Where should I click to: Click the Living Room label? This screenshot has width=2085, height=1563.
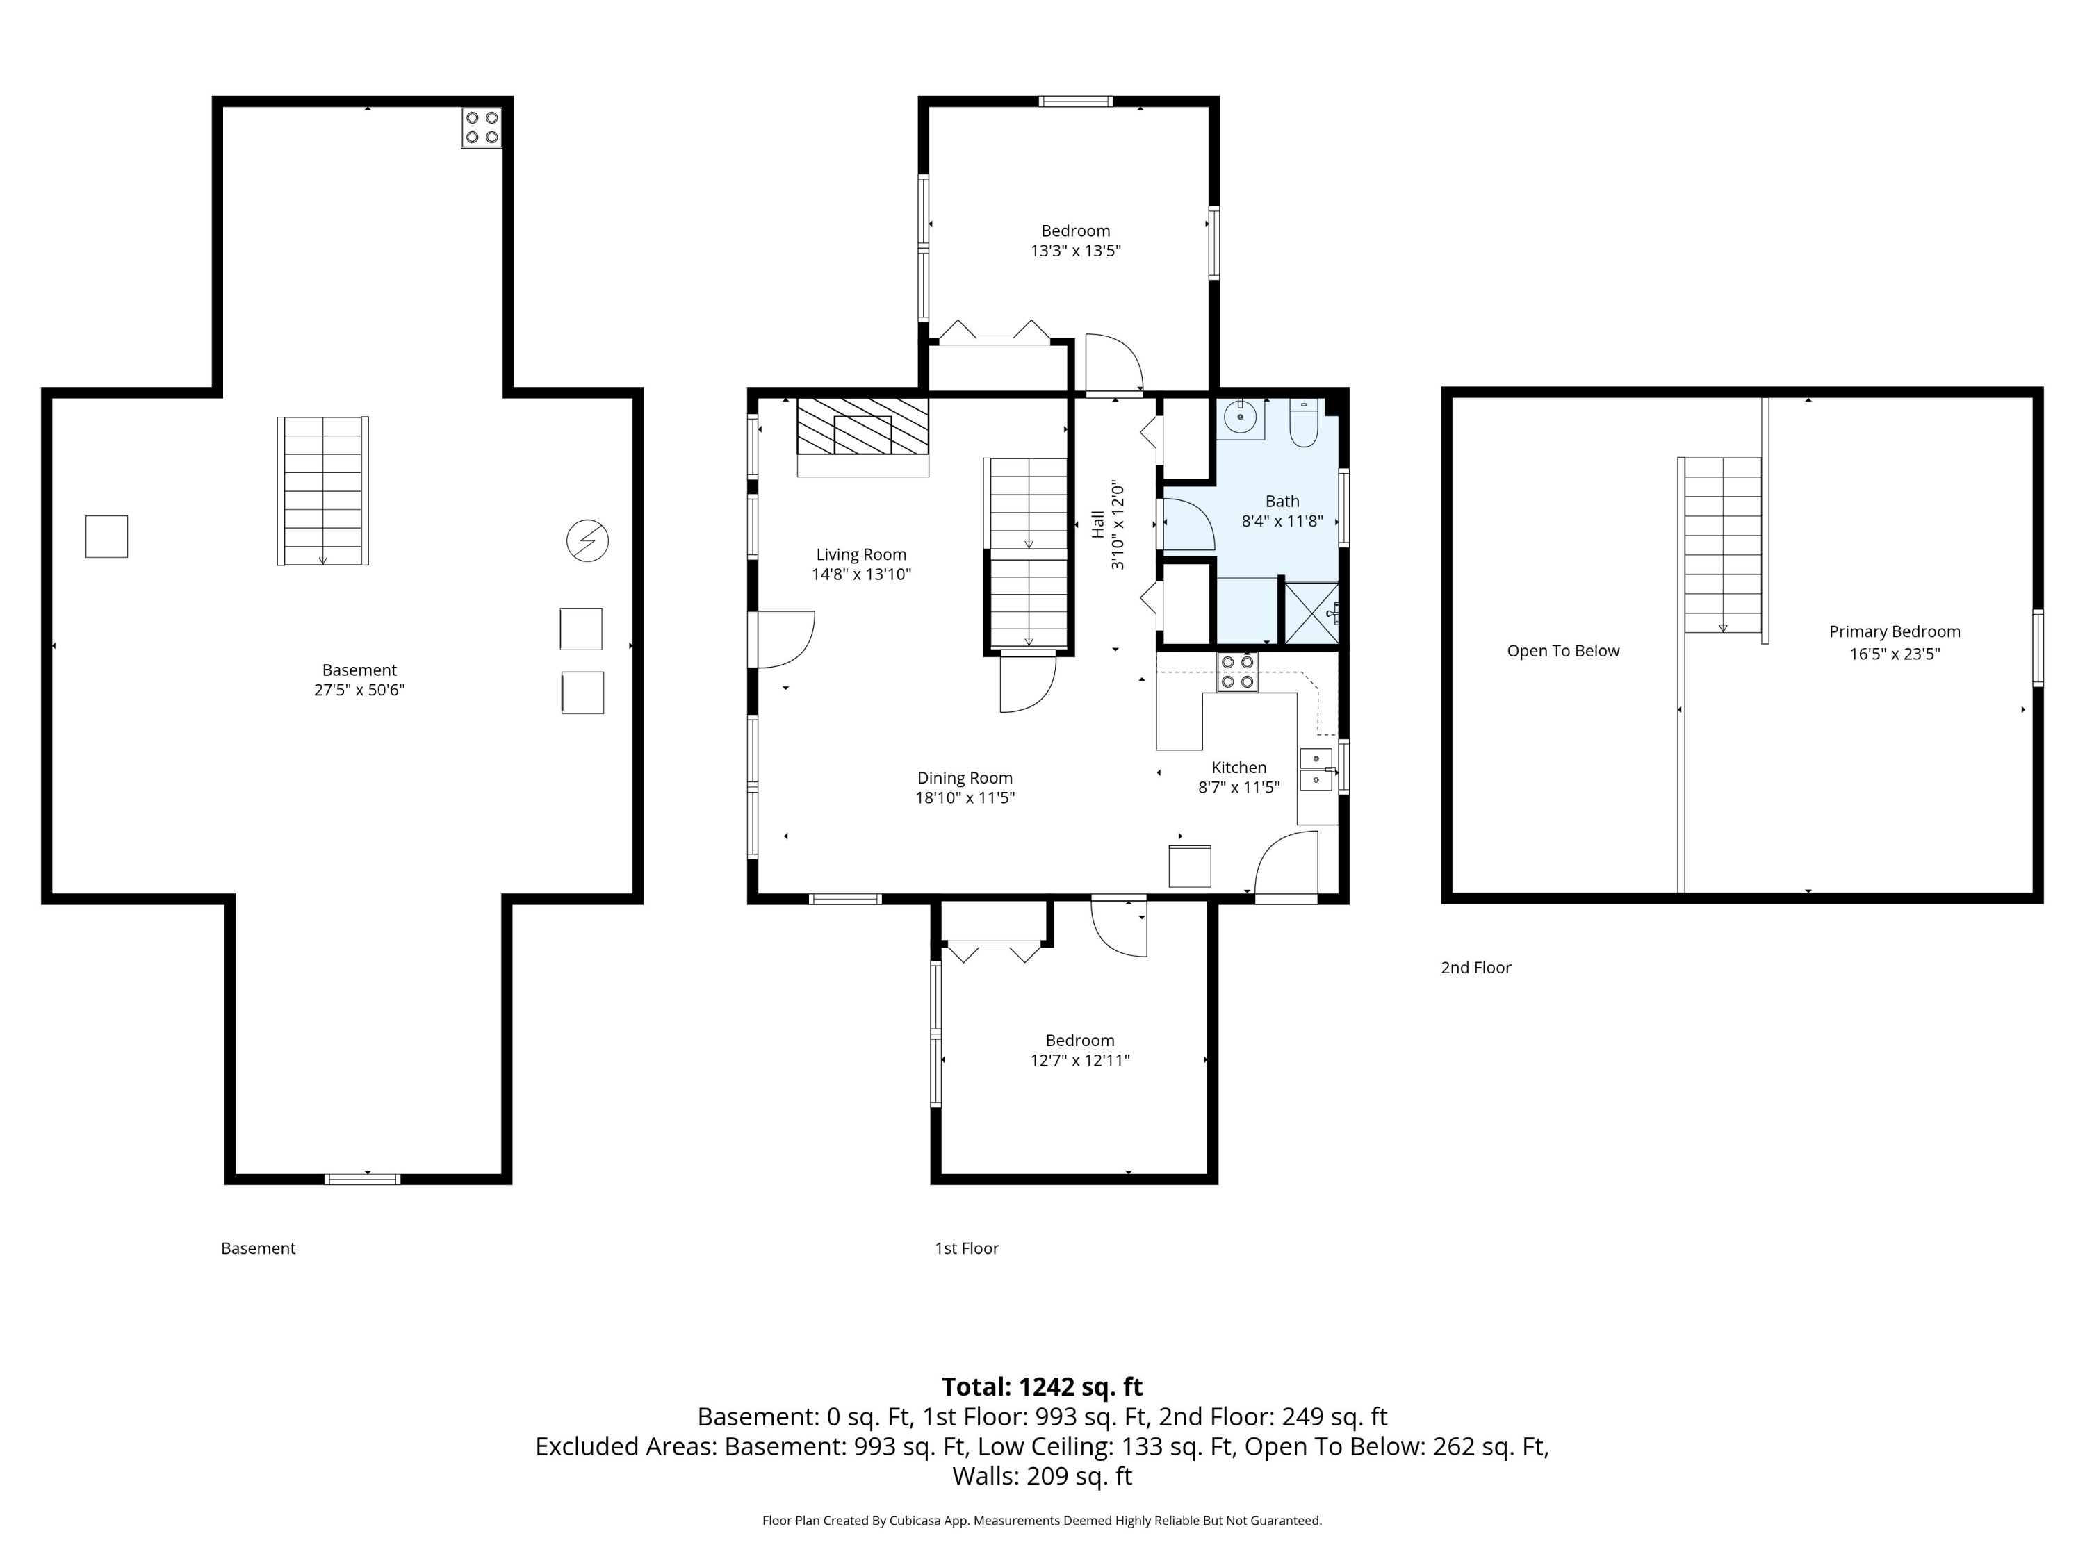coord(860,555)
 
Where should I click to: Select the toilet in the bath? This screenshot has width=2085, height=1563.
coord(1304,423)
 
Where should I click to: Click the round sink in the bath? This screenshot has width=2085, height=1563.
coord(1241,416)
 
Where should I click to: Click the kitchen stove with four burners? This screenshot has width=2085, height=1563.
coord(1236,672)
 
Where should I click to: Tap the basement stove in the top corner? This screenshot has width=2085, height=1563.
coord(482,127)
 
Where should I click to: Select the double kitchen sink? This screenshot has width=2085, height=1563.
coord(1316,769)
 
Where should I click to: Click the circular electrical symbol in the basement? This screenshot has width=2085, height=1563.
coord(587,540)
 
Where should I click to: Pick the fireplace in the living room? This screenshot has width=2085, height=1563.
coord(862,436)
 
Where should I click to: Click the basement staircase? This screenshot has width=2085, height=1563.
coord(323,491)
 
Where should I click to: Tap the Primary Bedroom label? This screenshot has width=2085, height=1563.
coord(1895,632)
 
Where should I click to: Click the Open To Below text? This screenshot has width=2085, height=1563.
coord(1563,651)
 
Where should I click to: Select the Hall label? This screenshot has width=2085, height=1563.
coord(1097,524)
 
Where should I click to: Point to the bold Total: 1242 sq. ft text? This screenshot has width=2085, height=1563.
coord(1042,1387)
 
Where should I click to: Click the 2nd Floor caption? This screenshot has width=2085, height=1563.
coord(1475,968)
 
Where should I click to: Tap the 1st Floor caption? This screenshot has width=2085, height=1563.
coord(966,1248)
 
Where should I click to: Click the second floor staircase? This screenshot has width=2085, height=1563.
coord(1722,545)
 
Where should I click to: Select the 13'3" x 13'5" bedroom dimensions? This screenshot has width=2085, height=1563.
coord(1075,251)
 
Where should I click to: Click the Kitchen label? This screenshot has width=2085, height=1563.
coord(1238,768)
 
